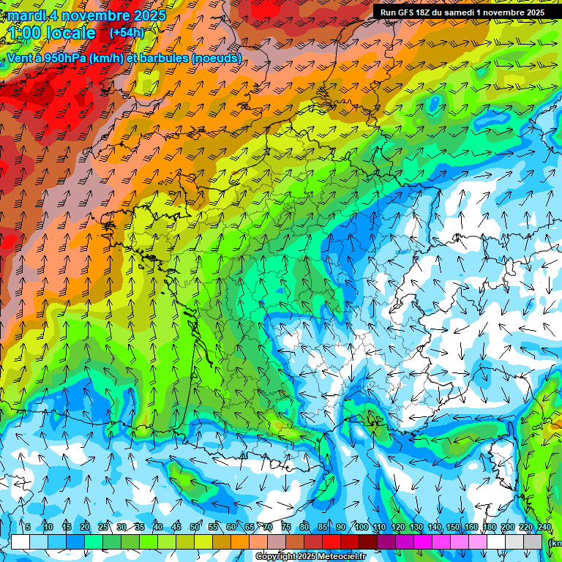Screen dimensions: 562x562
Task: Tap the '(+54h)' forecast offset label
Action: click(127, 33)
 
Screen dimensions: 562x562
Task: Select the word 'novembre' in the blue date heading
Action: click(94, 15)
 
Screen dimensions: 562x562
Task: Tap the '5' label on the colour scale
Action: click(27, 527)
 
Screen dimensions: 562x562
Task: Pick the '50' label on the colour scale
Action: click(194, 527)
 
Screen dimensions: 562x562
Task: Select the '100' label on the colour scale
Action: click(361, 527)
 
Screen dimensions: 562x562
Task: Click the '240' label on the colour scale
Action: click(544, 527)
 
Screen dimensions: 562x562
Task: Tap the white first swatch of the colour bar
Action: click(20, 542)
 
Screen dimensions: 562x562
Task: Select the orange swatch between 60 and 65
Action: click(240, 542)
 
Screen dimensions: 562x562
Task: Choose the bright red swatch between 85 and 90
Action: click(331, 542)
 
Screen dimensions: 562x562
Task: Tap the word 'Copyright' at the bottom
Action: click(276, 557)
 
